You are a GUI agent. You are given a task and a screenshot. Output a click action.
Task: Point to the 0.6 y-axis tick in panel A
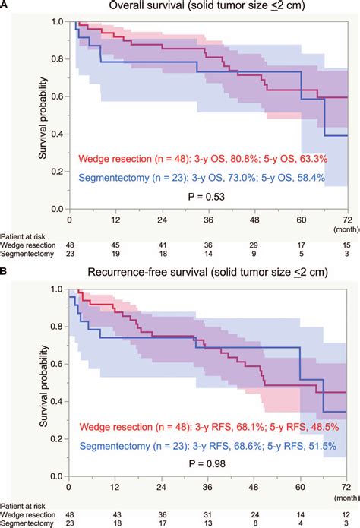[x=57, y=96]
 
